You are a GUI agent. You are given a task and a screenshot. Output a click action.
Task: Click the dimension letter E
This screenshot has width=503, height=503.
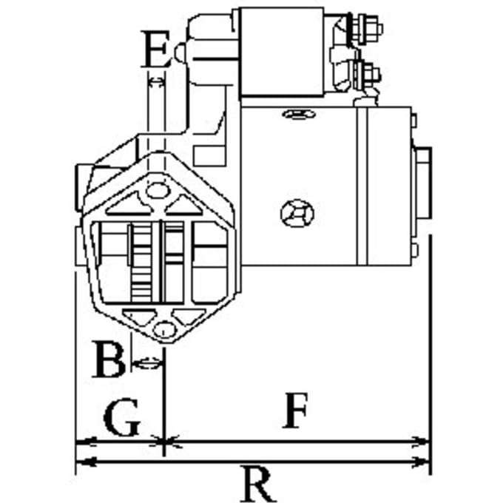click(155, 49)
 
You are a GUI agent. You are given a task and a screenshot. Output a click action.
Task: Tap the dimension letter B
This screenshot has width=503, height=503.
click(108, 359)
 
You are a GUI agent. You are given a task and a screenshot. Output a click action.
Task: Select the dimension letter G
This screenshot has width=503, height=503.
click(122, 418)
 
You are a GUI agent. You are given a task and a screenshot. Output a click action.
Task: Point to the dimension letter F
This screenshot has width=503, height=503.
click(295, 411)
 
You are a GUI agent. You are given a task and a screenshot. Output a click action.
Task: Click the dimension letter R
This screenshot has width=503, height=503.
click(259, 485)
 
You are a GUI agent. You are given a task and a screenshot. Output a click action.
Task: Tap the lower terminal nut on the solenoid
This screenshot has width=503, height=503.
click(368, 75)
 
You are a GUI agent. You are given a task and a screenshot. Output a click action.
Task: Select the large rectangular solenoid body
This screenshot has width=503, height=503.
click(282, 52)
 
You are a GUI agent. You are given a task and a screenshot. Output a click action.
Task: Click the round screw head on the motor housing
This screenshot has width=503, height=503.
click(297, 213)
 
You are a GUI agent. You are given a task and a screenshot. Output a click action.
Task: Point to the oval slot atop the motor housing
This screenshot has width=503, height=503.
click(299, 114)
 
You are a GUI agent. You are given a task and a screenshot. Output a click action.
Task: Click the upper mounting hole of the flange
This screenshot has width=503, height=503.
click(157, 190)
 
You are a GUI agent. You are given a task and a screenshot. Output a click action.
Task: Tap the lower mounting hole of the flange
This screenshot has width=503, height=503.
click(164, 329)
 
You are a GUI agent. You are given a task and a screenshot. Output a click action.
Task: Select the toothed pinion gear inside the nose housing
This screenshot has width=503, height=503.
click(141, 263)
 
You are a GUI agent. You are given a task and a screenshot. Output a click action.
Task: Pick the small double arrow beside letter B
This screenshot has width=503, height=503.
click(147, 363)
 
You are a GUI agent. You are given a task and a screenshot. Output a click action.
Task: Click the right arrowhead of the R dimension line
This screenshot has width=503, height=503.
click(421, 462)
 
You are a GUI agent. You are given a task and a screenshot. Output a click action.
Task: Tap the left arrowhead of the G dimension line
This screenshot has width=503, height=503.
click(85, 442)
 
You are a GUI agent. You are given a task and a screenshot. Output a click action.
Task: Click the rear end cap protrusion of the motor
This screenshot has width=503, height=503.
click(422, 181)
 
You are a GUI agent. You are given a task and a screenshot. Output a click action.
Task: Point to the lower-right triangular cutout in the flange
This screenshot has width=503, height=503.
click(189, 317)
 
